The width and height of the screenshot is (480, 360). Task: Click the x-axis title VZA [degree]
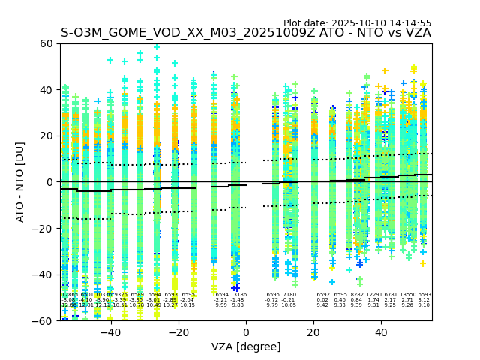coord(246,346)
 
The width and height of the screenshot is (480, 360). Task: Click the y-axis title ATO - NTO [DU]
coord(20,182)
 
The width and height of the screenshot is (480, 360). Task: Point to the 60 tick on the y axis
coord(47,43)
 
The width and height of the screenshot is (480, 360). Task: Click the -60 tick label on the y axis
coord(44,321)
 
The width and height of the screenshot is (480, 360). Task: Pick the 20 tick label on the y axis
coord(47,136)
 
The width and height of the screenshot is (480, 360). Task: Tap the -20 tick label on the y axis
coord(44,229)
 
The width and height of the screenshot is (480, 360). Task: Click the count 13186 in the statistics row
coord(238,295)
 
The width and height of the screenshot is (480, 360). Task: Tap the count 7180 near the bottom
coord(289,295)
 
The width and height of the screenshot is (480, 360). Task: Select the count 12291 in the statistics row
coord(373,295)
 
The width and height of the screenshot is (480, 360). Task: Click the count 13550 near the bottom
coord(407,295)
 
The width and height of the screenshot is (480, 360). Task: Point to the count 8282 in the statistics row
coord(356,295)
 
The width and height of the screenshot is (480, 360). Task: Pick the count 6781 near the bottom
coord(390,295)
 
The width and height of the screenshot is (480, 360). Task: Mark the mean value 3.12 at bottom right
coord(424,300)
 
